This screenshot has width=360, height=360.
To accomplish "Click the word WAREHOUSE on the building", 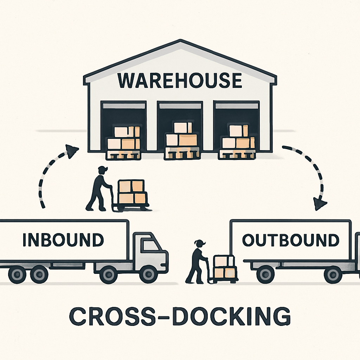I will pos(180,80).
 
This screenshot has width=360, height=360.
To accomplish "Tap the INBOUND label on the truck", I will pos(63,240).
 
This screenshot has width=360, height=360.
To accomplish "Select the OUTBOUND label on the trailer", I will pos(291,240).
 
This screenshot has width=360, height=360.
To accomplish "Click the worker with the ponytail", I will pos(196,262).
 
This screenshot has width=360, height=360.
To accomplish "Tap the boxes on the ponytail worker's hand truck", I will pos(224,266).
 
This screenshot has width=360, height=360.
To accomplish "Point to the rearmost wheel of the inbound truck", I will pos(17,275).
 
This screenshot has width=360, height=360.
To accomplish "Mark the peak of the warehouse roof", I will pos(180,41).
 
